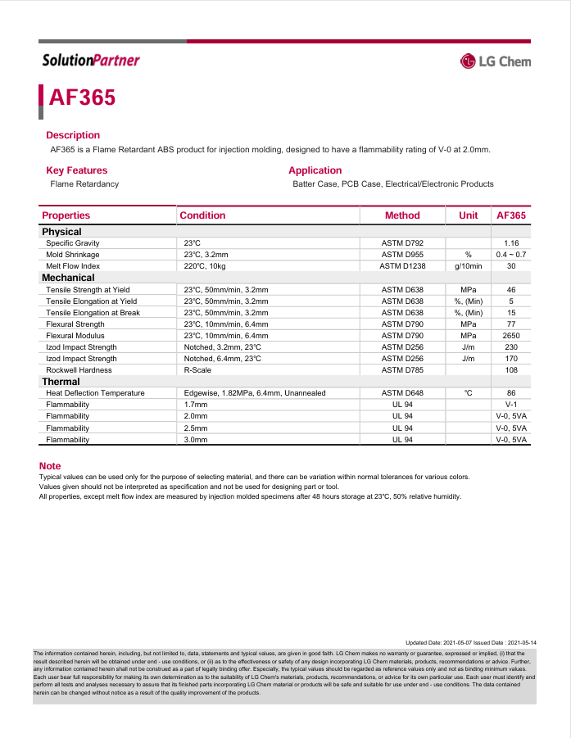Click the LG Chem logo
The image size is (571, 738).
495,61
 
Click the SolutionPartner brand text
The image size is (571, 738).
91,60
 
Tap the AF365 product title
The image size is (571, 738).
82,97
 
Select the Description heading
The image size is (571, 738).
73,135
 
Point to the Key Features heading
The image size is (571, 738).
76,170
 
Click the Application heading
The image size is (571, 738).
315,170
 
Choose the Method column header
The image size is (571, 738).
402,215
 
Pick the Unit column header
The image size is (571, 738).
469,215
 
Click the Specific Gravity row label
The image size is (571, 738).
72,243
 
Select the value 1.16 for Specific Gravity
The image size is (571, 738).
511,243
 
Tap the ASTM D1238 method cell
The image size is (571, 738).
402,266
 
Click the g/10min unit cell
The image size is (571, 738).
469,266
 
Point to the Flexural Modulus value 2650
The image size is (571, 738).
511,336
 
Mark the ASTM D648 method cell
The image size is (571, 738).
402,393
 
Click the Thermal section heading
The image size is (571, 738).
61,382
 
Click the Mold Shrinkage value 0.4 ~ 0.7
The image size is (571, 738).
511,255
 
